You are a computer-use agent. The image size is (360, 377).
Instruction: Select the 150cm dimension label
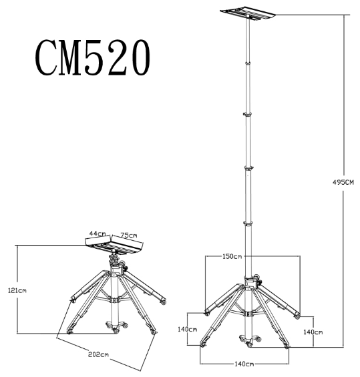(x=233, y=256)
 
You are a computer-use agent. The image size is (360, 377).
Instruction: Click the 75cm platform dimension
(x=129, y=235)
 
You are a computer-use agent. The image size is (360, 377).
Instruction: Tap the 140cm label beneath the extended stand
(x=245, y=364)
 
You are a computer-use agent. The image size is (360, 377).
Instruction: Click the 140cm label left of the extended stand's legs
(x=188, y=329)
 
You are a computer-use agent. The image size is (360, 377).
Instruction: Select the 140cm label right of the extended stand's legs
(x=313, y=332)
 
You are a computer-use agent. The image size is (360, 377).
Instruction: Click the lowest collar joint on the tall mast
(x=248, y=224)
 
